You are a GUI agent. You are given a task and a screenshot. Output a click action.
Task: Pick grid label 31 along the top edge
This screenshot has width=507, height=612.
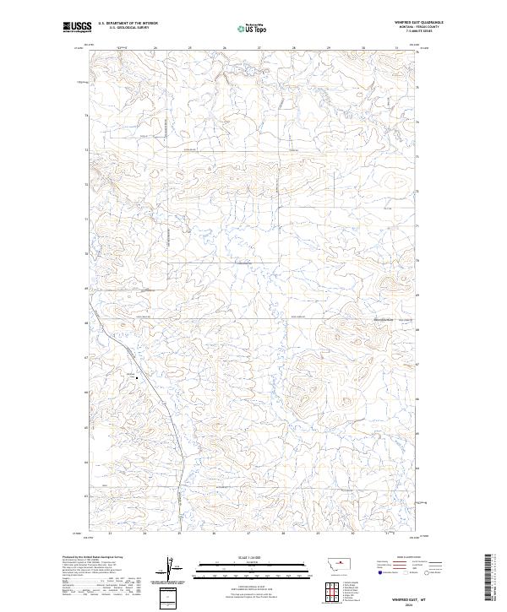(396, 48)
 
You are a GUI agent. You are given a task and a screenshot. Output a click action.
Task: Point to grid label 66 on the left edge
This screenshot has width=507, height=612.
(85, 393)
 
